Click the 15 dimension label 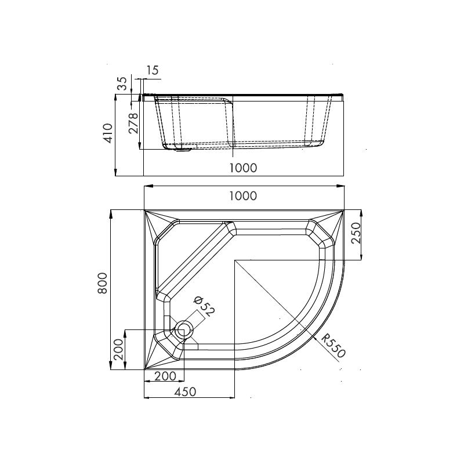pyautogui.click(x=152, y=71)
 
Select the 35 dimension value pyautogui.click(x=122, y=84)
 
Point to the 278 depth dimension pyautogui.click(x=133, y=124)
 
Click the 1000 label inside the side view pyautogui.click(x=242, y=168)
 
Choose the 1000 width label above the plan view pyautogui.click(x=242, y=195)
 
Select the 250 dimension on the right pyautogui.click(x=356, y=233)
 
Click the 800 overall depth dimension pyautogui.click(x=103, y=283)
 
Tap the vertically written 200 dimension pyautogui.click(x=118, y=350)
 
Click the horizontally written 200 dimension pyautogui.click(x=165, y=376)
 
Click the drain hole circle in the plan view pyautogui.click(x=184, y=330)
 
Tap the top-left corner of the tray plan pyautogui.click(x=144, y=211)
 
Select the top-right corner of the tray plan pyautogui.click(x=344, y=211)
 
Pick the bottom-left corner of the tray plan pyautogui.click(x=144, y=369)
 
